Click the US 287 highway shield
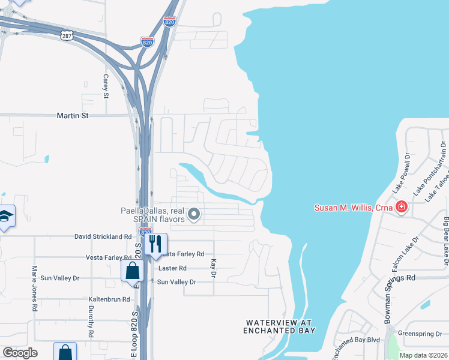click(66, 36)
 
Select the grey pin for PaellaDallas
click(194, 214)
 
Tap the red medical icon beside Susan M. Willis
click(402, 208)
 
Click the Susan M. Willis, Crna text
click(354, 208)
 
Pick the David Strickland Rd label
click(103, 237)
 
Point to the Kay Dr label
click(213, 268)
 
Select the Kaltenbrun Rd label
click(109, 299)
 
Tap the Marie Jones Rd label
click(35, 288)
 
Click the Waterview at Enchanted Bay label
click(279, 326)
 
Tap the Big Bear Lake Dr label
click(445, 241)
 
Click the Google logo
click(20, 353)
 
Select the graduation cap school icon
click(5, 217)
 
